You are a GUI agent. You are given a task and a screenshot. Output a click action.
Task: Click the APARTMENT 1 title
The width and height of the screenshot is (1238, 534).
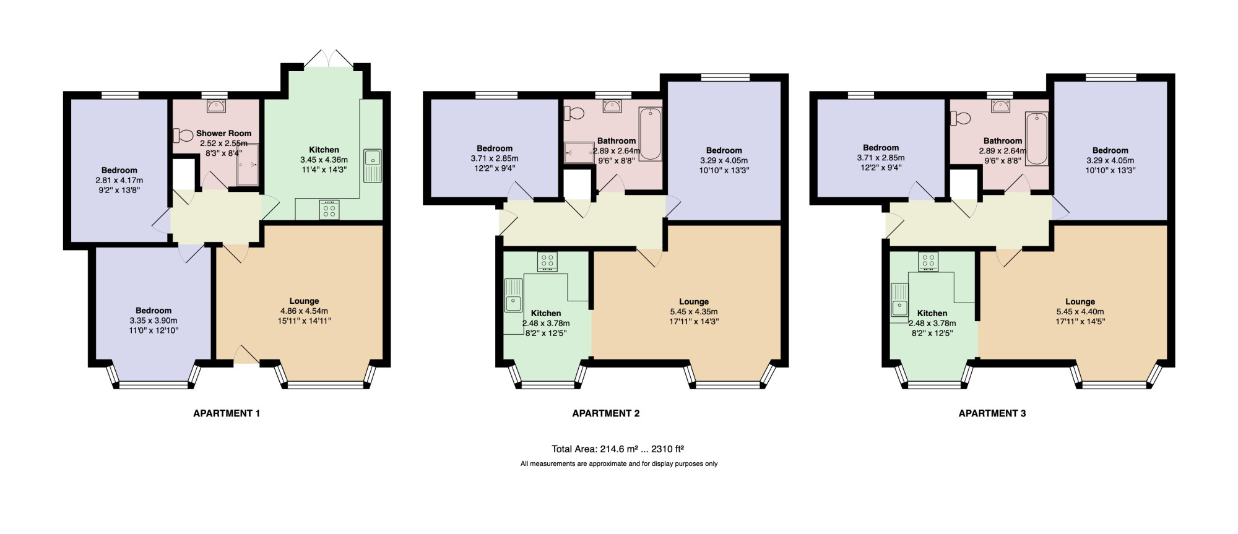pos(227,413)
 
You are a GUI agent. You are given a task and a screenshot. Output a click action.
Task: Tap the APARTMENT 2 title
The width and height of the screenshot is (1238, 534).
pos(606,413)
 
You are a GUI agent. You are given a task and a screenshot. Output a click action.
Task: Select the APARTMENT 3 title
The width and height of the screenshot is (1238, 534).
pos(992,413)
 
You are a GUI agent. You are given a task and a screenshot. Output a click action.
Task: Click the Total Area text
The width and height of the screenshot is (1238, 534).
pos(618,449)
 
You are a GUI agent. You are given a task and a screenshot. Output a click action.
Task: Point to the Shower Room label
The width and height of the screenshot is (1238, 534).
pos(224,133)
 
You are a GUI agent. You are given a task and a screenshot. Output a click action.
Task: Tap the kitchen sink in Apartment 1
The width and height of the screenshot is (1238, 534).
pos(373,165)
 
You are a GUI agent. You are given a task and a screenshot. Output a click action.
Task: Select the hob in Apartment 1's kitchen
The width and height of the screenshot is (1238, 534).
pos(329,210)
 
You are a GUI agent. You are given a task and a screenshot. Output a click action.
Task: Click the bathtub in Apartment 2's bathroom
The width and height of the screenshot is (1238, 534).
pos(650,134)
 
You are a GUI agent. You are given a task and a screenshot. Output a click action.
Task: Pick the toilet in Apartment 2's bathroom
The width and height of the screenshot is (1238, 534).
pos(574,113)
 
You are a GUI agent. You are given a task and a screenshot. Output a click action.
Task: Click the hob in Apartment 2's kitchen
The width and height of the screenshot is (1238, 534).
pos(547,262)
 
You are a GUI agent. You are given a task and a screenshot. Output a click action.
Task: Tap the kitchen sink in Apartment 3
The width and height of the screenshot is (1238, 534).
pos(899,299)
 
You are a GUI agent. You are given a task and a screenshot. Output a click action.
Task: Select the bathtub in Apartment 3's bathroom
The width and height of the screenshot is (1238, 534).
pos(1037,139)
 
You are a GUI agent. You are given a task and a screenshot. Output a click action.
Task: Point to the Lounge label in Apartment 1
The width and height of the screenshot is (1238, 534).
pos(305,301)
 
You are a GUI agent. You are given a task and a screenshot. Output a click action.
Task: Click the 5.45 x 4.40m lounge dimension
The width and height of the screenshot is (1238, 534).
pos(1080,312)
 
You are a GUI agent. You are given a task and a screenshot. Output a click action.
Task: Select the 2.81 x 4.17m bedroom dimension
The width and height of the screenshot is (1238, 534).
pos(119,181)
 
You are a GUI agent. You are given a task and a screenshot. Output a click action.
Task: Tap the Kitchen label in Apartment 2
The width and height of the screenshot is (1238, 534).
pos(546,313)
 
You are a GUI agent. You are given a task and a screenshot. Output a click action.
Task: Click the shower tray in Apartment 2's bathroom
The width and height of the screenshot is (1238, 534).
pos(579,153)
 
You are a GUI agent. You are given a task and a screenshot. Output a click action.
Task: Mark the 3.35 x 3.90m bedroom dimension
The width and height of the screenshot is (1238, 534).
pos(154,321)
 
